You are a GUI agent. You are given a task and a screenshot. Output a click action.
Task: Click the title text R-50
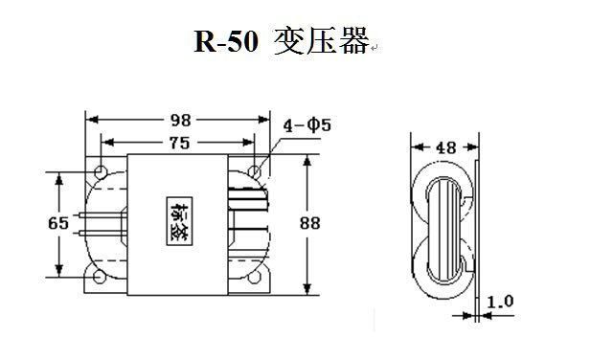tap(226, 41)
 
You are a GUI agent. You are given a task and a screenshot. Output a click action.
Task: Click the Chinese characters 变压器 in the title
tap(322, 41)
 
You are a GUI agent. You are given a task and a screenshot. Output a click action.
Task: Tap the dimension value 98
tap(181, 121)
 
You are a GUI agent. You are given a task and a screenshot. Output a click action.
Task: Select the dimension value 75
tap(180, 143)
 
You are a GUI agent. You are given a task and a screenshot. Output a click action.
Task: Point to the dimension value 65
tap(58, 223)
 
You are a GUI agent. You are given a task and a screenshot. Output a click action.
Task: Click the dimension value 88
tap(310, 223)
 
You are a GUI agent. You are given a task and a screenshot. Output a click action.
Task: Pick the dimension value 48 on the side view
tap(445, 147)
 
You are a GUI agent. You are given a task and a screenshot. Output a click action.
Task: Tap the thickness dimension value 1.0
tap(500, 302)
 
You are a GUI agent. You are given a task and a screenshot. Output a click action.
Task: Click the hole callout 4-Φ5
tap(307, 125)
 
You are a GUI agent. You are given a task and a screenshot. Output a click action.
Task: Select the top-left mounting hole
tap(101, 171)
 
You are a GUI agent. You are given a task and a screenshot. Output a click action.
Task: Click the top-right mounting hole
tap(255, 171)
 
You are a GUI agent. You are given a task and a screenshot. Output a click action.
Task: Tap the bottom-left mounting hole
tap(100, 277)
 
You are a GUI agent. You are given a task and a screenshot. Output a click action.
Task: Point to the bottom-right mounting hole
tap(255, 277)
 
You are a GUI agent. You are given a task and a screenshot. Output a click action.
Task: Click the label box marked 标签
tap(179, 221)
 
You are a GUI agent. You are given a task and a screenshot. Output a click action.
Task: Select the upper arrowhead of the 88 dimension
tap(307, 161)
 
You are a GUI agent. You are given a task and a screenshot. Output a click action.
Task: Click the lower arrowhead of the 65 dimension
tap(59, 270)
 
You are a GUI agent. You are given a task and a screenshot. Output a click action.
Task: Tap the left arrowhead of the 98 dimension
tap(92, 120)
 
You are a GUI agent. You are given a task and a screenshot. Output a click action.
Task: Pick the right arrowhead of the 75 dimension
tap(249, 142)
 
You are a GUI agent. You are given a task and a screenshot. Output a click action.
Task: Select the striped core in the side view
tap(443, 231)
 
